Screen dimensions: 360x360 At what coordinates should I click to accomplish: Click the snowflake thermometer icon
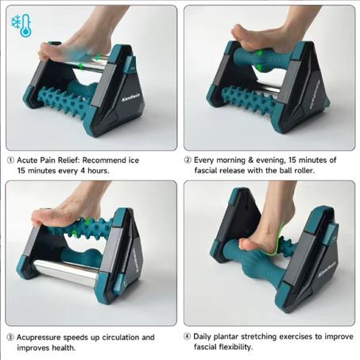pyautogui.click(x=21, y=25)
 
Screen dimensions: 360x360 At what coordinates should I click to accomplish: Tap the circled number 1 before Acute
pyautogui.click(x=10, y=161)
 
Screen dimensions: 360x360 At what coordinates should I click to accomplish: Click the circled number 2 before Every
pyautogui.click(x=188, y=160)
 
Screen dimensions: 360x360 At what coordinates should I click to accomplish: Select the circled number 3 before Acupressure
pyautogui.click(x=10, y=337)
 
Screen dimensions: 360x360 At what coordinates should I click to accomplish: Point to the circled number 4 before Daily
pyautogui.click(x=187, y=336)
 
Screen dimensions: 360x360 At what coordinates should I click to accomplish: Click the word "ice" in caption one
pyautogui.click(x=134, y=161)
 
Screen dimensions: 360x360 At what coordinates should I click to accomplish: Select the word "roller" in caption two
pyautogui.click(x=304, y=170)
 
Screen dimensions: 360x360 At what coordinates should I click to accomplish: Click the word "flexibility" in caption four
pyautogui.click(x=235, y=346)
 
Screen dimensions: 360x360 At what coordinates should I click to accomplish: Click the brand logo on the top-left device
pyautogui.click(x=131, y=98)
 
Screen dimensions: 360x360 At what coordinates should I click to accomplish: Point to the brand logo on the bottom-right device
pyautogui.click(x=327, y=269)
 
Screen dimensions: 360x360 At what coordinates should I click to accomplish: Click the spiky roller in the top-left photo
pyautogui.click(x=64, y=102)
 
